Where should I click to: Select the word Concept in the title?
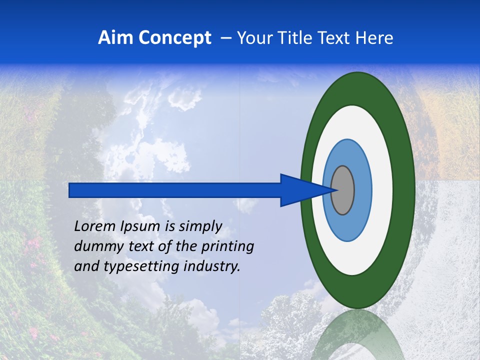click(174, 38)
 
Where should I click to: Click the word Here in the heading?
click(374, 38)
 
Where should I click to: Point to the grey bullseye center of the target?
click(342, 190)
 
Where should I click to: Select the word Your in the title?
click(253, 38)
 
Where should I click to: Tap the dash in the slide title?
click(225, 38)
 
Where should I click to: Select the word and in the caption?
click(86, 266)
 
